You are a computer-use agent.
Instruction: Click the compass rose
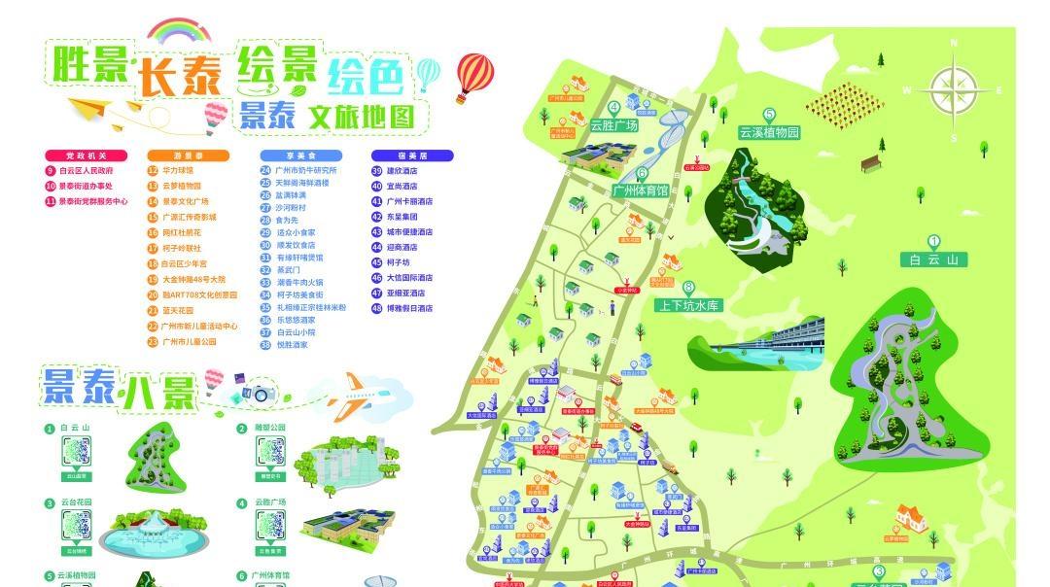953,91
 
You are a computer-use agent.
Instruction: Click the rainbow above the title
178,32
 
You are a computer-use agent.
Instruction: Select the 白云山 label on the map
934,259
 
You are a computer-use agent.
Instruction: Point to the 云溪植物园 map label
769,132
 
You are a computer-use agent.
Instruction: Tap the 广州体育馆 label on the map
641,190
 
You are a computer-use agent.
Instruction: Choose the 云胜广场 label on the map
613,125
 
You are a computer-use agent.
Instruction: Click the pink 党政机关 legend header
85,155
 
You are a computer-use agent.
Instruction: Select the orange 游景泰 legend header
188,155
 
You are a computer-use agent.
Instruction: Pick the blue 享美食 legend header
300,155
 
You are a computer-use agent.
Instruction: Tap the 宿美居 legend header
412,155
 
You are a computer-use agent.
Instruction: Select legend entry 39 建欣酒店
396,170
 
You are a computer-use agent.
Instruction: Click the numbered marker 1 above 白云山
934,242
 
